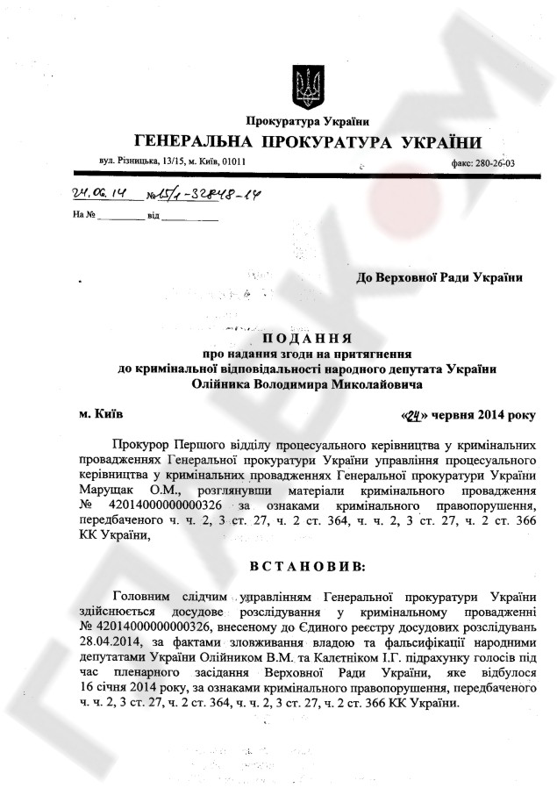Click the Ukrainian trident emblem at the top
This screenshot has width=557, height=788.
pos(307,84)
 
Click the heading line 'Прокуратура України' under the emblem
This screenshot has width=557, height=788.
pos(307,120)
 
